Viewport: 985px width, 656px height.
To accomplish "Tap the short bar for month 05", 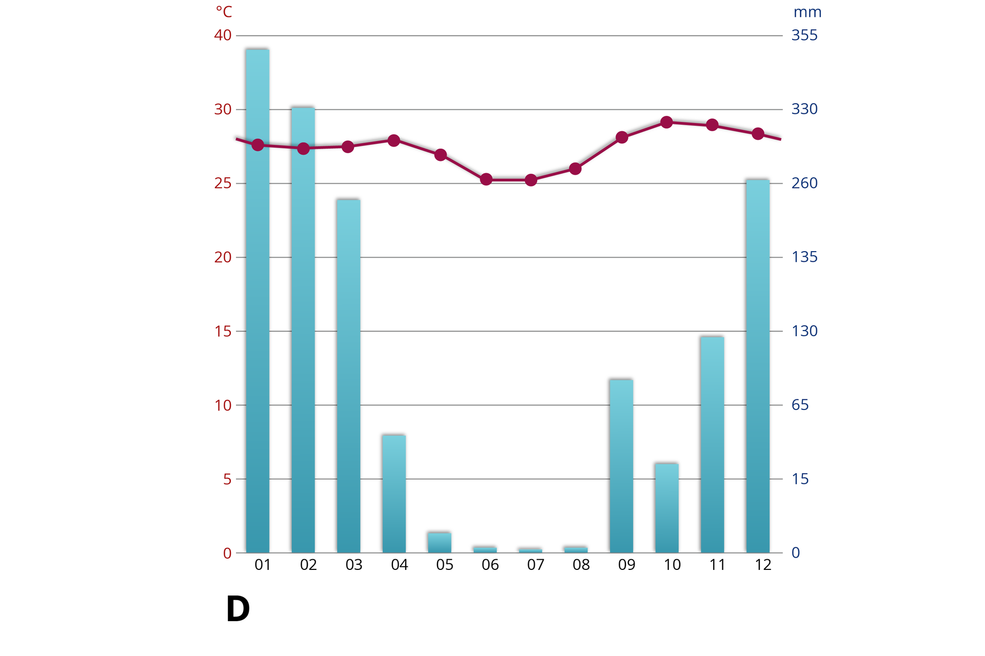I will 440,542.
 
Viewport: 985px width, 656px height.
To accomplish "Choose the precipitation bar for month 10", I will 666,507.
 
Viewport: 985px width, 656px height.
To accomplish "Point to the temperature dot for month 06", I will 486,179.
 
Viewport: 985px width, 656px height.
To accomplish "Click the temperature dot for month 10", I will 666,122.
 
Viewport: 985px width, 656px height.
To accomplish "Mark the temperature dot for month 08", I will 576,169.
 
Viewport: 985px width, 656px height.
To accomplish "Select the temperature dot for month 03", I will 348,147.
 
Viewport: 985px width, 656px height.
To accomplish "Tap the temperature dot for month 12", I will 758,134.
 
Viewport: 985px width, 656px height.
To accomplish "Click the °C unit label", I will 224,12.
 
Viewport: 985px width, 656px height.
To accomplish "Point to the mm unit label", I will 807,12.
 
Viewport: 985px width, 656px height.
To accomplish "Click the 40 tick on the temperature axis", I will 223,35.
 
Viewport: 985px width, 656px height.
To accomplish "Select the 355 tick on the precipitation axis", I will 804,35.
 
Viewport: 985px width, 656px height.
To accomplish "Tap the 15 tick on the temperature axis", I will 223,331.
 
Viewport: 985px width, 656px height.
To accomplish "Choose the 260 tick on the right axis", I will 804,183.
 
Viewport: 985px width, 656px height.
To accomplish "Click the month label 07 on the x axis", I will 536,565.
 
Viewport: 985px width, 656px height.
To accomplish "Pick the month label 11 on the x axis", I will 717,565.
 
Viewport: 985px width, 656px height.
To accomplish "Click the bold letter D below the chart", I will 238,609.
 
